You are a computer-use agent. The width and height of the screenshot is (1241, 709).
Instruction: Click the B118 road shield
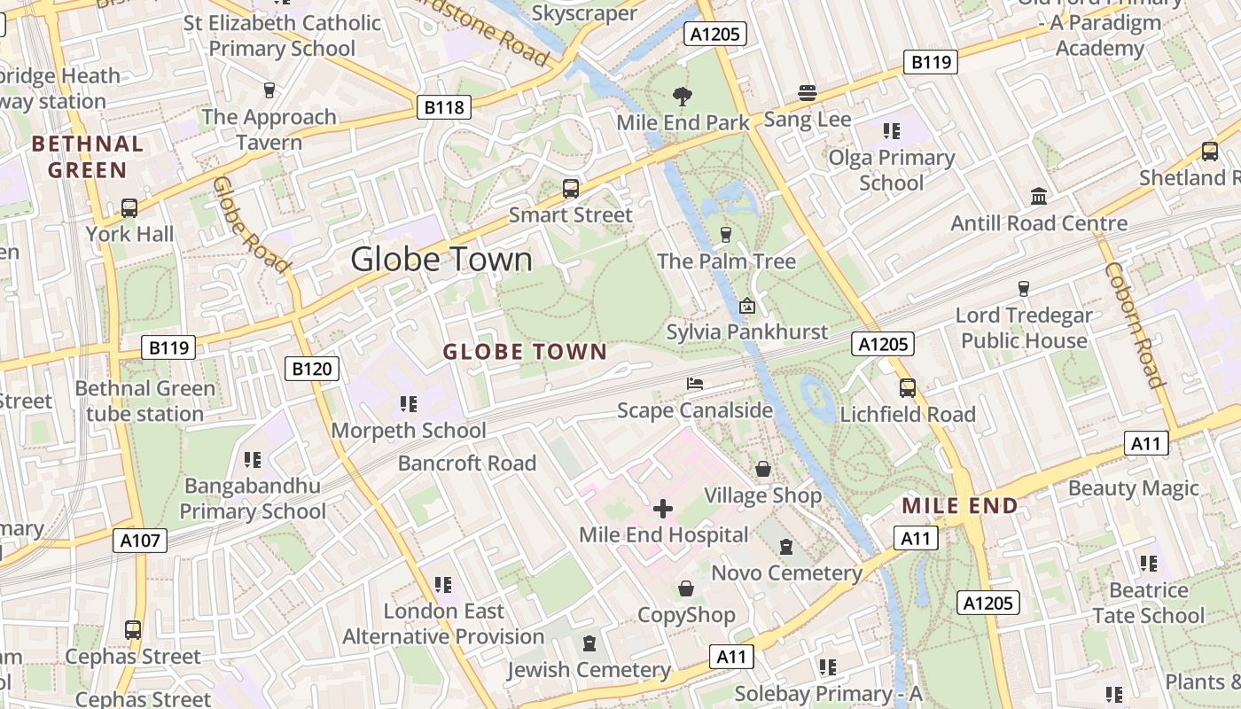(x=444, y=108)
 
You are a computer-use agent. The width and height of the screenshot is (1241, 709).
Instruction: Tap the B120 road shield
(x=312, y=369)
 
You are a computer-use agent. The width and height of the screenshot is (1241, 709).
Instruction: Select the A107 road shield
(x=140, y=540)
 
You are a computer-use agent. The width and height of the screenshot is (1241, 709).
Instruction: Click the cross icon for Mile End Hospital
(x=663, y=509)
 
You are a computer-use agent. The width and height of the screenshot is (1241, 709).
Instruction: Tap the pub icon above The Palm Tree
(x=726, y=234)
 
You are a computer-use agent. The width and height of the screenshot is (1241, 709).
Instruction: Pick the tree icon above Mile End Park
(x=683, y=96)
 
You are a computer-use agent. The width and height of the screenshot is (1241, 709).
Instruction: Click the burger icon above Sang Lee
(x=807, y=92)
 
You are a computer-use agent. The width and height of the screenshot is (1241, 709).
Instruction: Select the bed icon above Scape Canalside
(x=695, y=384)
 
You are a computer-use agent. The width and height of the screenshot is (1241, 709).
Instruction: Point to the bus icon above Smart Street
(x=571, y=188)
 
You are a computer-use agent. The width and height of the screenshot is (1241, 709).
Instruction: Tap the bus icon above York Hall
(x=129, y=208)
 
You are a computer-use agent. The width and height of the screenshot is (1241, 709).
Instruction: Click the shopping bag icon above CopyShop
(x=686, y=588)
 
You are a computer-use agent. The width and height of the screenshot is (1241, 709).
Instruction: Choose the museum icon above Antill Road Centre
(x=1038, y=196)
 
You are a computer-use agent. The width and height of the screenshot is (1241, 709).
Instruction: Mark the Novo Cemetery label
(x=787, y=573)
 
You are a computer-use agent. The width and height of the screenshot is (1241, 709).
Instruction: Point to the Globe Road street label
(x=252, y=224)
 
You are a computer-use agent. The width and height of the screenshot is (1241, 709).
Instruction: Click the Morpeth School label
(x=409, y=431)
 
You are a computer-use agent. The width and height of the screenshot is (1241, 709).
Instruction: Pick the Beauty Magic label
(x=1133, y=488)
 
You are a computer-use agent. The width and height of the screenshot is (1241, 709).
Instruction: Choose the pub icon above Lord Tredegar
(x=1024, y=288)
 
